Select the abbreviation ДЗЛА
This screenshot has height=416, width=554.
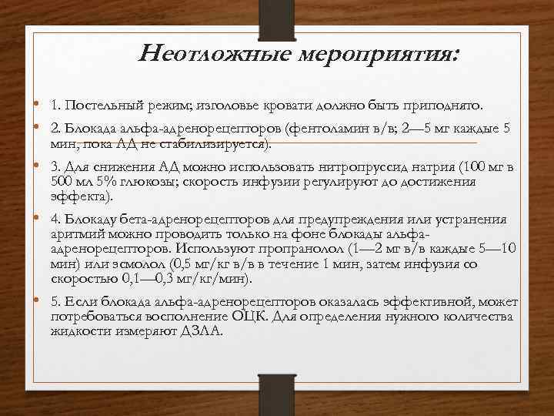click(x=202, y=332)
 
